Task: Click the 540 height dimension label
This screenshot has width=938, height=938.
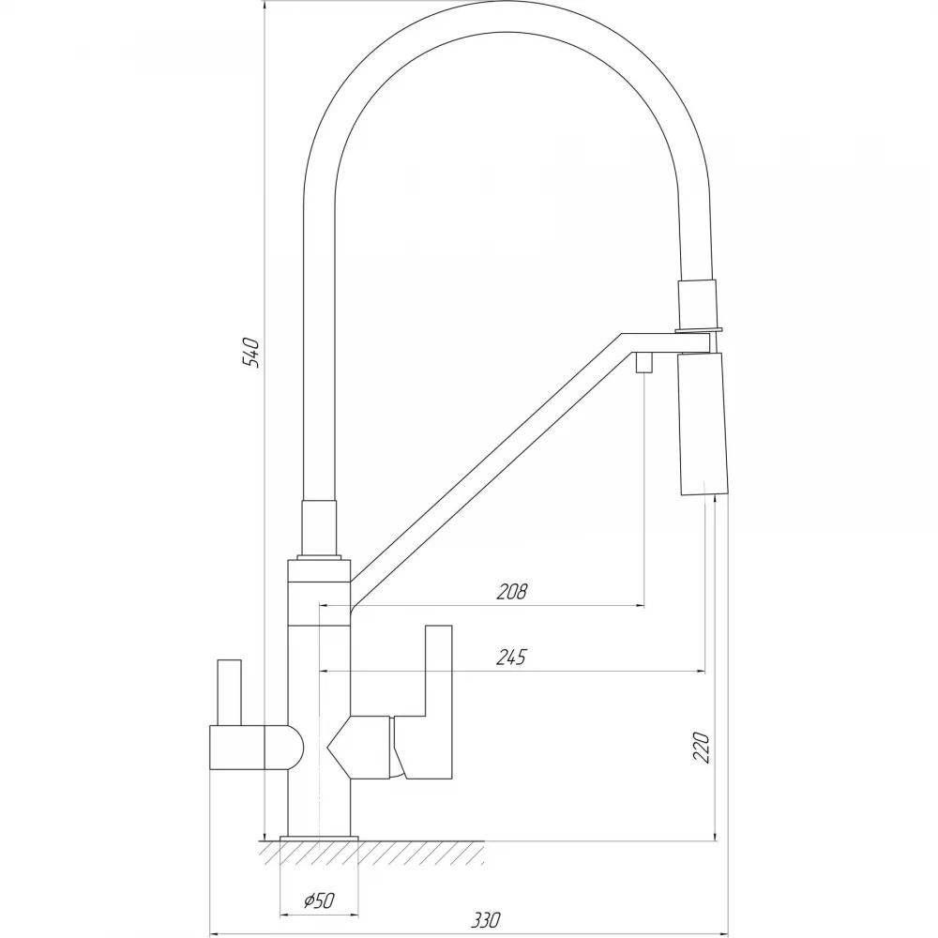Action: [x=251, y=353]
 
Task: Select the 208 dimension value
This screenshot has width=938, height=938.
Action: [x=512, y=591]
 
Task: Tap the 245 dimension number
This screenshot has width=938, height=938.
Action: [x=511, y=657]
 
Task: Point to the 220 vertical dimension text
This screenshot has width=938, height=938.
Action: [x=701, y=748]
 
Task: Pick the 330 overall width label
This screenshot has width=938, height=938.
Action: [x=486, y=919]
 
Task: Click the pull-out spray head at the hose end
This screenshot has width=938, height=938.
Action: [x=703, y=424]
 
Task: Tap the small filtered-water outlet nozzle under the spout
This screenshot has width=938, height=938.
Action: [x=643, y=362]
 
